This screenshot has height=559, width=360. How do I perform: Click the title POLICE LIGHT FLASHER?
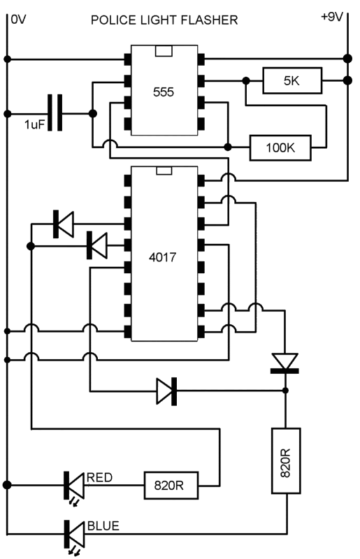(x=164, y=20)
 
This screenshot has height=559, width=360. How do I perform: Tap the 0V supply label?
(x=19, y=20)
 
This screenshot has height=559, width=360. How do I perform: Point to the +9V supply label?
(x=332, y=17)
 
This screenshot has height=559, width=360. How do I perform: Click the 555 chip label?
(x=164, y=92)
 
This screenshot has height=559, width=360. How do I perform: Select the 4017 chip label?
(x=163, y=257)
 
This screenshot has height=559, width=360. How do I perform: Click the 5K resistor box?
(x=292, y=80)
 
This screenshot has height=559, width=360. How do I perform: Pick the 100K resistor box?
(x=280, y=147)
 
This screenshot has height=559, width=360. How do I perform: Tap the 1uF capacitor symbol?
(x=55, y=112)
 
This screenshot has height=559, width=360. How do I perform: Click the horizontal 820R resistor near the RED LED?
(x=171, y=485)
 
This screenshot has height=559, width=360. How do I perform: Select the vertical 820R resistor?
(x=286, y=460)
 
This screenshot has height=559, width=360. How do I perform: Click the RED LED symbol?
(x=74, y=485)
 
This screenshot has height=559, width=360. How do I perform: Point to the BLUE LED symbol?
(x=74, y=534)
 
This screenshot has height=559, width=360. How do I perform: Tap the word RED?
(x=99, y=477)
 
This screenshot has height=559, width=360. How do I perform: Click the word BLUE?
(x=103, y=526)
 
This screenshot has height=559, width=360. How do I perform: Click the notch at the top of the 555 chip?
(x=164, y=50)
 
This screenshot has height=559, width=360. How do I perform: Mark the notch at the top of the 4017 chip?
(x=164, y=170)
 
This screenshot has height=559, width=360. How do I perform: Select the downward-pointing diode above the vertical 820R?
(x=285, y=363)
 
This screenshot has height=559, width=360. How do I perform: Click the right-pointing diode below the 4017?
(x=166, y=391)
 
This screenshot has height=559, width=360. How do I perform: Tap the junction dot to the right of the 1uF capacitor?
(x=92, y=114)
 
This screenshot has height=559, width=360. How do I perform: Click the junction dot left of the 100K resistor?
(x=228, y=147)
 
